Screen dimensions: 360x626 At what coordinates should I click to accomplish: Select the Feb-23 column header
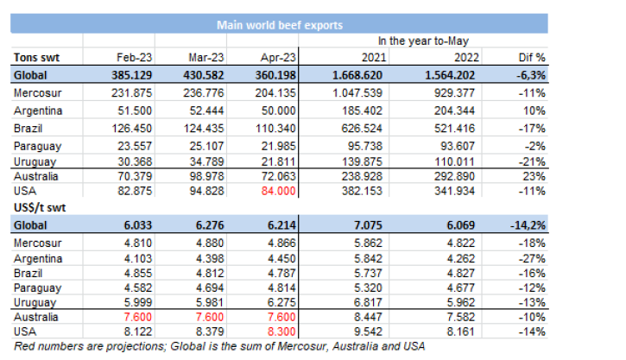(x=134, y=58)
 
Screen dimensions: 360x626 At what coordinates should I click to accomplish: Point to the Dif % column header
(x=534, y=58)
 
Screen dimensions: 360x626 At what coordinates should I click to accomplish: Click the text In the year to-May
(x=418, y=41)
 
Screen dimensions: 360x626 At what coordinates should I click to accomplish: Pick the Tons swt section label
(x=36, y=58)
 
